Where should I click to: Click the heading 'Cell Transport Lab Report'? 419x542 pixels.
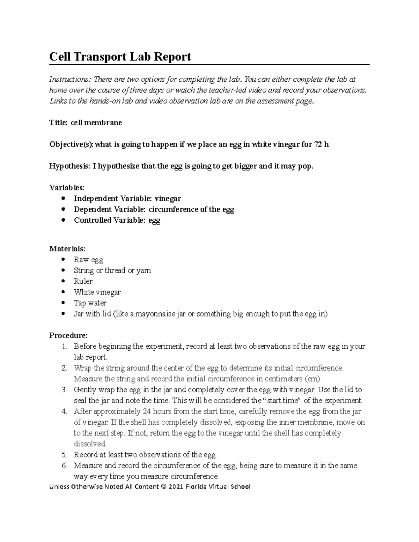coord(120,57)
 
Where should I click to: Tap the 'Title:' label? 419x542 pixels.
coord(58,123)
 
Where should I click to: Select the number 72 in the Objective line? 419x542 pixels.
coord(318,144)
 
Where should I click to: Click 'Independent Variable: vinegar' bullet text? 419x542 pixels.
coord(127,199)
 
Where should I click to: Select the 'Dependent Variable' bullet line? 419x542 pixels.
coord(154,209)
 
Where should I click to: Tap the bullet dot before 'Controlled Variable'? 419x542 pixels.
coord(63,220)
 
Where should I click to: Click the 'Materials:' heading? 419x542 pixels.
coord(67,249)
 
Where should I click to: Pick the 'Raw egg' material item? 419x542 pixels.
coord(88,260)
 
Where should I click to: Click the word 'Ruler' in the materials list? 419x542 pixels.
coord(83,281)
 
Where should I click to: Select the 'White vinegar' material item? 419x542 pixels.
coord(97,292)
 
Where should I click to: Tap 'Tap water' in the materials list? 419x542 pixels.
coord(90,303)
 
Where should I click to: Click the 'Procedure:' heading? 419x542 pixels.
coord(68,335)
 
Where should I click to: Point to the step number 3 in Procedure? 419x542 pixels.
coord(64,389)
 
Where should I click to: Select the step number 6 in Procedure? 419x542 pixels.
coord(64,466)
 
